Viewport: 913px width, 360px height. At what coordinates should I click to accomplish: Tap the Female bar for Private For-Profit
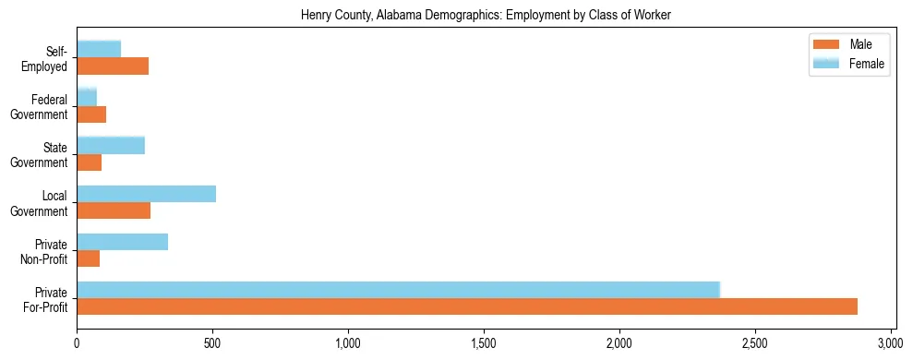coord(398,289)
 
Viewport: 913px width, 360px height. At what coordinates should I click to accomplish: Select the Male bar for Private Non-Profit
coord(89,258)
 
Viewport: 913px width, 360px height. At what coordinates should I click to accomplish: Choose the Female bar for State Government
coord(111,146)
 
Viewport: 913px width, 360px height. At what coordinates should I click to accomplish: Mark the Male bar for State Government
coord(90,162)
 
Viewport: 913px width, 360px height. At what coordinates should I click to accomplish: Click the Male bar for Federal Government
coord(91,114)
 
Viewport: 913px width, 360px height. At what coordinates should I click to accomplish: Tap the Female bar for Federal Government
coord(87,98)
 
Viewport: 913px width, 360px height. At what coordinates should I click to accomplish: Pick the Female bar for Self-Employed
coord(99,50)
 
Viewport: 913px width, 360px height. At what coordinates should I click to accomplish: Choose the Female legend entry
coord(847,63)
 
